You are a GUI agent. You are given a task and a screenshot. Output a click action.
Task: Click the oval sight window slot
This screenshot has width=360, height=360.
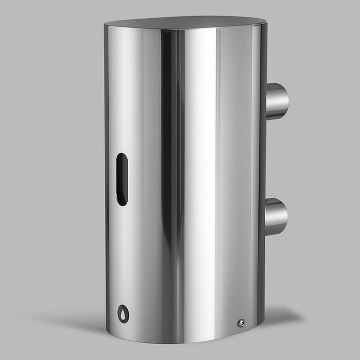(122, 179)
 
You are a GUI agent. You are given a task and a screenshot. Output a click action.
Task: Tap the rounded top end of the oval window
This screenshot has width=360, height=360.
(122, 156)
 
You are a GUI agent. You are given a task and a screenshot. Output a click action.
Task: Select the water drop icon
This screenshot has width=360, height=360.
(123, 314)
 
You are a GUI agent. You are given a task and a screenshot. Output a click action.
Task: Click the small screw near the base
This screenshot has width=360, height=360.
(241, 323)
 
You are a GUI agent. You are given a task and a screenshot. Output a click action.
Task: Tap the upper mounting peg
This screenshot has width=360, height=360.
(277, 101)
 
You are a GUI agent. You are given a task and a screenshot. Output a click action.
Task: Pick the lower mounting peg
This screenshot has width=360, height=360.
(276, 217)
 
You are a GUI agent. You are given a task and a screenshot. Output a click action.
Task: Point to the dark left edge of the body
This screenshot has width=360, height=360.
(106, 176)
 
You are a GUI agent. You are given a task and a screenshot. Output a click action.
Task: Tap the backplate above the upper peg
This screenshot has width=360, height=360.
(263, 56)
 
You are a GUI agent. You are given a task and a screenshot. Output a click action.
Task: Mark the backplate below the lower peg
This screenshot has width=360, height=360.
(262, 274)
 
